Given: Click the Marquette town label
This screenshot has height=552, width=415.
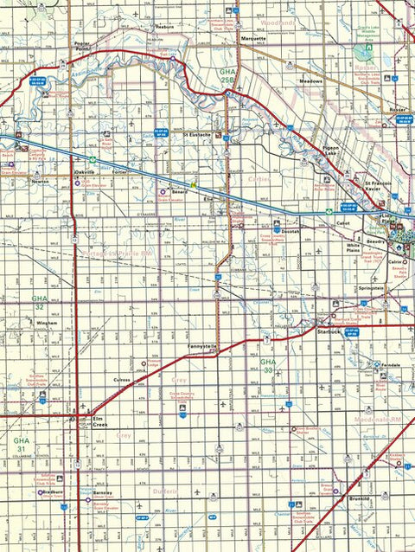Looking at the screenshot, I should coord(253,39).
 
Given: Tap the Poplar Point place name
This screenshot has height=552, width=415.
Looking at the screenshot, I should coord(83,47).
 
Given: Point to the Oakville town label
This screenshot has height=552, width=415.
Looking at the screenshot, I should coord(84,172).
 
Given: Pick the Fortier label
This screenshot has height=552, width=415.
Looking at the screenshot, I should coord(118,172).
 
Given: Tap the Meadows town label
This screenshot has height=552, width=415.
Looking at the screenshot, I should coord(310,81).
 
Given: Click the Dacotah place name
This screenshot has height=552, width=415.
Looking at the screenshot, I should coord(290,233).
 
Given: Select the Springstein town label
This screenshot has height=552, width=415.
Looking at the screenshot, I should coord(368,286).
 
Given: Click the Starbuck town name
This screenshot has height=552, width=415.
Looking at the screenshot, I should coord(329,331).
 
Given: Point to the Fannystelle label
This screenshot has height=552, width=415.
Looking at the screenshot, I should coord(201,346).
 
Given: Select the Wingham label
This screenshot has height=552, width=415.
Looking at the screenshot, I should coord(47,323).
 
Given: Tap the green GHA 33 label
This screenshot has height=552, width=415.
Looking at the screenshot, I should coord(268,365).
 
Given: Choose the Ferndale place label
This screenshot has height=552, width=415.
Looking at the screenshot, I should coord(390,365).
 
